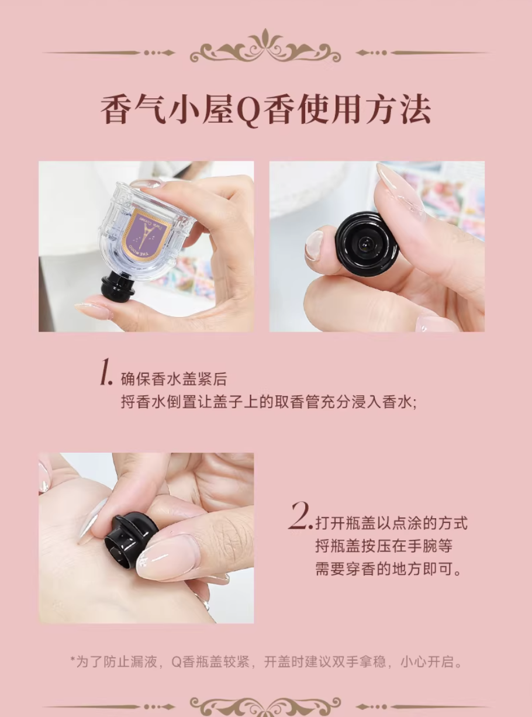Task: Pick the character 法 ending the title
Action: click(x=415, y=110)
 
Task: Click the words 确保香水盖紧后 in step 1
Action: click(x=174, y=379)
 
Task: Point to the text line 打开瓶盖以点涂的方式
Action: click(x=392, y=523)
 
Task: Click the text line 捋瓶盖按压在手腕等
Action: click(x=384, y=546)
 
